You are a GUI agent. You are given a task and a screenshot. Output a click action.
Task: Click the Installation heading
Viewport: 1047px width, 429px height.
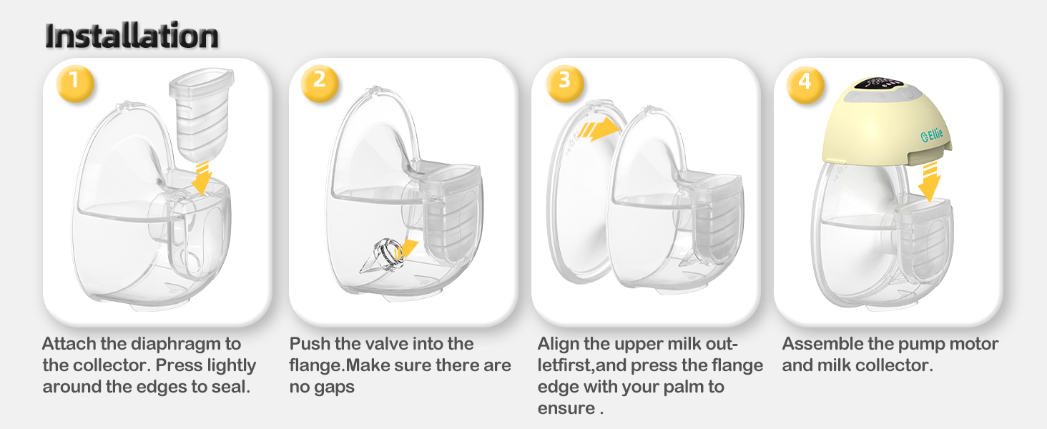coord(132,36)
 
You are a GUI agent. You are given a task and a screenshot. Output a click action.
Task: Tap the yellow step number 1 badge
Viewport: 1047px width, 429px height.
coord(75,83)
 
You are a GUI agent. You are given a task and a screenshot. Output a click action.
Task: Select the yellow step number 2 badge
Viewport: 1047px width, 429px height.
coord(320,83)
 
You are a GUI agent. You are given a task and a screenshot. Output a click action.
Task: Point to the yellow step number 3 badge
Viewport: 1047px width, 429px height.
coord(565,83)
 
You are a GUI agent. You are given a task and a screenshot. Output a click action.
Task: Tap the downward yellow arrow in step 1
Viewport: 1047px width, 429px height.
coord(202,178)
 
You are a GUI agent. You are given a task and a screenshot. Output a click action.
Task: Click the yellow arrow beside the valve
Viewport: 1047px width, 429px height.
coord(405,250)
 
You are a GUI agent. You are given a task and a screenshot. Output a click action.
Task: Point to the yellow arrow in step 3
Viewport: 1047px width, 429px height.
coord(599,129)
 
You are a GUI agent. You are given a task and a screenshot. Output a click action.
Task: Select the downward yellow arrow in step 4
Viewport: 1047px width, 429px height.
coord(930,182)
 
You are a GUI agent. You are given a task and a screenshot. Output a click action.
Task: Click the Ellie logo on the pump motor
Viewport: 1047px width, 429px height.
coord(932,135)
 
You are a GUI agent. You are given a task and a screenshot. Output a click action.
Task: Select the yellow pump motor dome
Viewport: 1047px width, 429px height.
coord(886,122)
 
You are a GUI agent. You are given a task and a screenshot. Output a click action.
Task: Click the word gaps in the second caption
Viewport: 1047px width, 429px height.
coord(333,388)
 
